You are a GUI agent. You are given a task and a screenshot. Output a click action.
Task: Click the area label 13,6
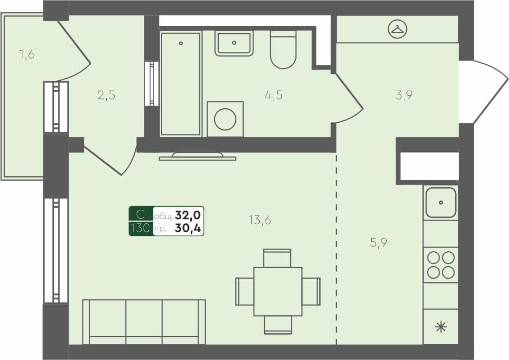pos(260,220)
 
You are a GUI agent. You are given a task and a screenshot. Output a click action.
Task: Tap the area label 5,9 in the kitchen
pos(379,243)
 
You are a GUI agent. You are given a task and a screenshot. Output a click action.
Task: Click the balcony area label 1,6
pos(27,54)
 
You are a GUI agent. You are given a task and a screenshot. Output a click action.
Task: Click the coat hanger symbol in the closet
pos(398,29)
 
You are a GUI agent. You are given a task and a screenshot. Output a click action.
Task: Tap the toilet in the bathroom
pos(283,50)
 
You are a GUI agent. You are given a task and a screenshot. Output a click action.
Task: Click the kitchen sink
pos(441,203)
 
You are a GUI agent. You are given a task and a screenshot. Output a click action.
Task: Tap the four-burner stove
pos(441,265)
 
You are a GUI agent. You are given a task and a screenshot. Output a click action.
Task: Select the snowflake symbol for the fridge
pos(441,327)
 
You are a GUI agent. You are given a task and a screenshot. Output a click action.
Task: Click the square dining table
pos(278,291)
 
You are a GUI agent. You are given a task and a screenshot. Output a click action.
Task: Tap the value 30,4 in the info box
pos(189,228)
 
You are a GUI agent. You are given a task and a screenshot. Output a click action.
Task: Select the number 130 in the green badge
pos(140,228)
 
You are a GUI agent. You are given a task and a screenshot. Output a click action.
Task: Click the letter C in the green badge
pos(140,214)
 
